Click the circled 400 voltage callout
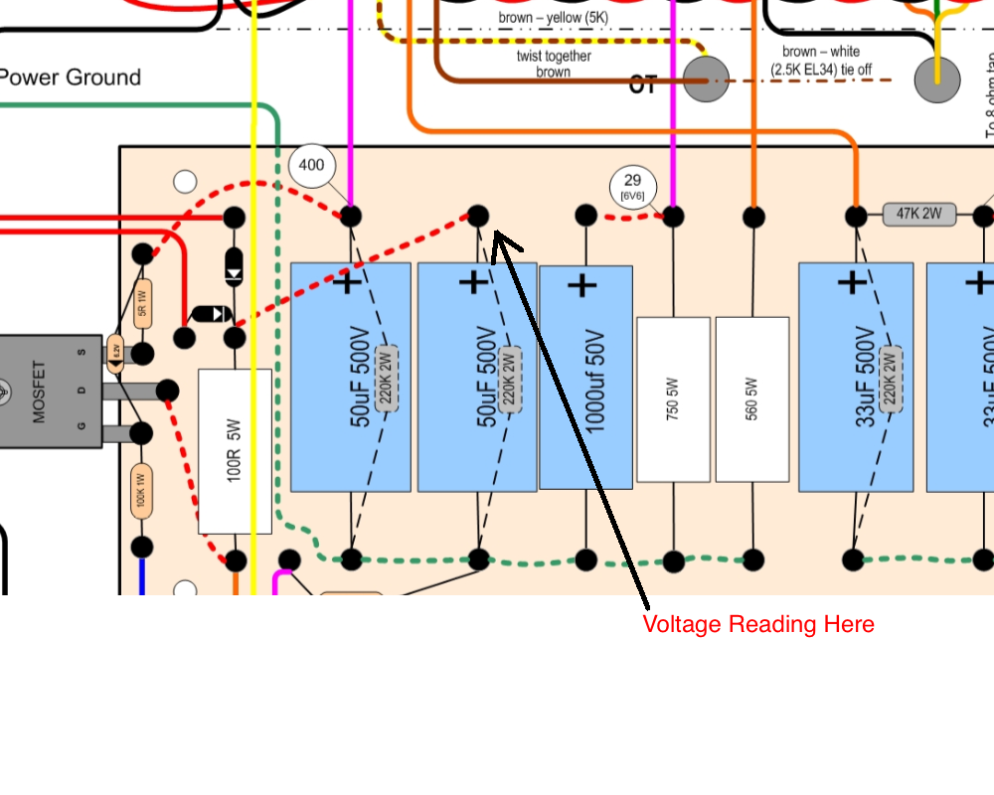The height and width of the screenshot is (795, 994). (311, 165)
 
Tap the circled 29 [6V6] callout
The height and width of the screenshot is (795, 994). (632, 185)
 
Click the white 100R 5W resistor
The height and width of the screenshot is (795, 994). (235, 451)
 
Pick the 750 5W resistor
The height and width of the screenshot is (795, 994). (673, 399)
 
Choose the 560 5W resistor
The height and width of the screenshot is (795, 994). (752, 399)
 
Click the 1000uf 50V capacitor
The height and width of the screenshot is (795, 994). (585, 378)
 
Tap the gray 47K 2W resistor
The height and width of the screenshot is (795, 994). (919, 215)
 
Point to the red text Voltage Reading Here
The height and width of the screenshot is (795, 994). (758, 624)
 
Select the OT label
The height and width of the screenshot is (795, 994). (643, 85)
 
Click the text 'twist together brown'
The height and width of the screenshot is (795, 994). (554, 64)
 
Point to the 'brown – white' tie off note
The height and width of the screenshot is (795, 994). (821, 61)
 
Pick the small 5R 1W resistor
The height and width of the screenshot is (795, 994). (142, 298)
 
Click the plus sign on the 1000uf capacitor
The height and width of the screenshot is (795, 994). (582, 286)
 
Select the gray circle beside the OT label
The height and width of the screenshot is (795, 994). (706, 79)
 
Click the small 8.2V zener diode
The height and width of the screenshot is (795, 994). (115, 351)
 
